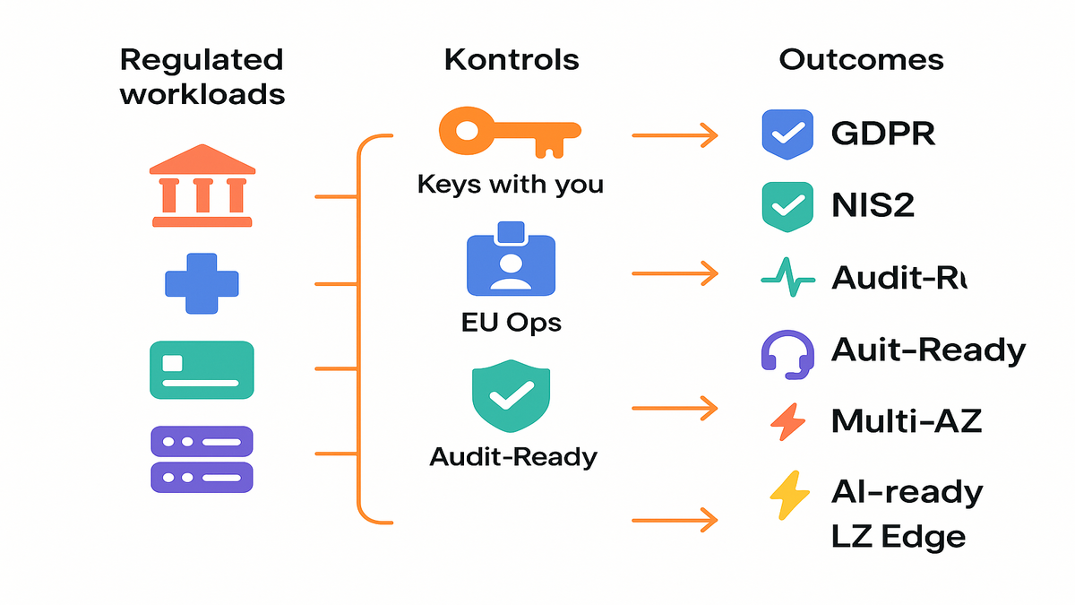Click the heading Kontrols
512,60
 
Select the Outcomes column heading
861,60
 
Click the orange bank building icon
202,186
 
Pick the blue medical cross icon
202,284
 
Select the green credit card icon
202,369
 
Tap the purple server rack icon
202,458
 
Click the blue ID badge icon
511,261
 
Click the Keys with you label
511,186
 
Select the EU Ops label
511,322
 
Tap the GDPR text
883,134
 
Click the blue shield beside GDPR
786,134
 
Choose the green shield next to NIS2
786,206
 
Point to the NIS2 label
873,206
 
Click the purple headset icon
786,350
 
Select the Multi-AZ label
907,419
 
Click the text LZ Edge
899,536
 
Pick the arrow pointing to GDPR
675,135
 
